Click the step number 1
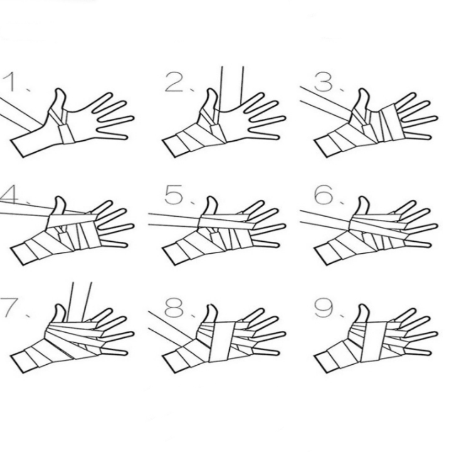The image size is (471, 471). (9, 82)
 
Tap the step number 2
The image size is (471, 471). (174, 82)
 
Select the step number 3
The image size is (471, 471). (324, 82)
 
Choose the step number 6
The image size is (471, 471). (324, 195)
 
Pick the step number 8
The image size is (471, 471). (174, 307)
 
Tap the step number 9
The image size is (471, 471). (324, 307)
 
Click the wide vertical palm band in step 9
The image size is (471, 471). (374, 341)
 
